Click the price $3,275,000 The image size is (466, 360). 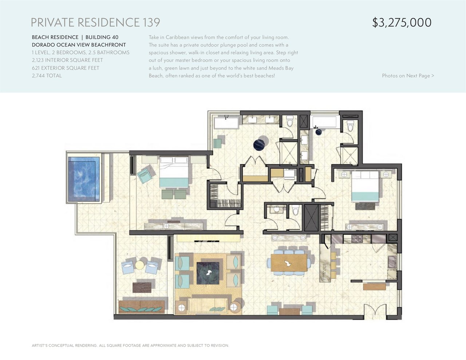click(x=402, y=23)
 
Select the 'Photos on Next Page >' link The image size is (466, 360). click(x=408, y=76)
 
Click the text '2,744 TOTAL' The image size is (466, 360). click(x=47, y=76)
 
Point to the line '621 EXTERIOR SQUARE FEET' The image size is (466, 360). click(x=66, y=68)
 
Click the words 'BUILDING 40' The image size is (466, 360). click(x=102, y=37)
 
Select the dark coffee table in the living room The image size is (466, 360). click(x=208, y=273)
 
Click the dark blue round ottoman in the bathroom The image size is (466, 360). click(x=260, y=145)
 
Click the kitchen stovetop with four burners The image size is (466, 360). click(x=357, y=239)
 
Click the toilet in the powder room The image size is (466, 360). click(x=295, y=210)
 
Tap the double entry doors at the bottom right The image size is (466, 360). click(x=375, y=312)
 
